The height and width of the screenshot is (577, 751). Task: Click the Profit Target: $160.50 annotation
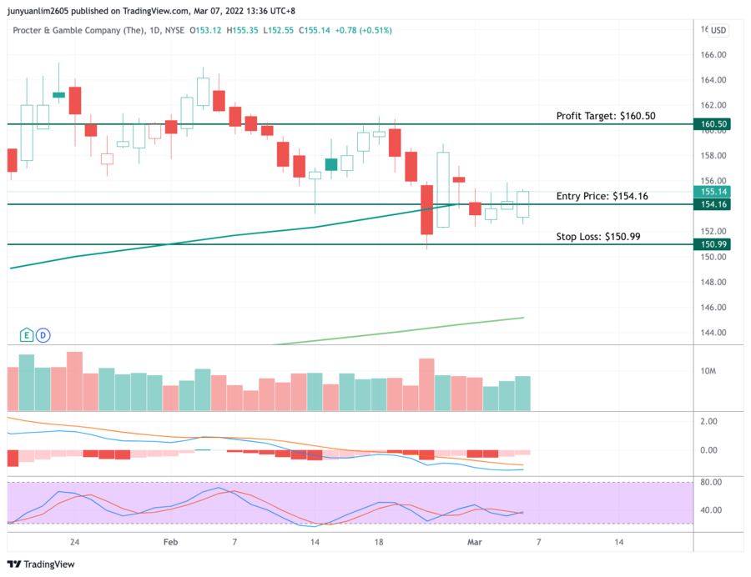606,116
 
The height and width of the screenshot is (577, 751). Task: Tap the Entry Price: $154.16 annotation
602,196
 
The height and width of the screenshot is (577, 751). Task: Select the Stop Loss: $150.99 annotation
598,237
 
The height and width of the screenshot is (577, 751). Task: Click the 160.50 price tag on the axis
714,124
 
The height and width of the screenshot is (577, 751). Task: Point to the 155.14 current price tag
714,192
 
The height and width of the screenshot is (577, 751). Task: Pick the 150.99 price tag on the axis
714,244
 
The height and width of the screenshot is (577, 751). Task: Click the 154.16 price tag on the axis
714,204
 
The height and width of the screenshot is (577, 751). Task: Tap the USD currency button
718,30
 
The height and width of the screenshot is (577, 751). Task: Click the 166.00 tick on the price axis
713,55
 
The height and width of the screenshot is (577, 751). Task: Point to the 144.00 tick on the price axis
713,333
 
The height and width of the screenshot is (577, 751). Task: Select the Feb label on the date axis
170,542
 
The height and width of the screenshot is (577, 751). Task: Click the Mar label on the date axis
474,542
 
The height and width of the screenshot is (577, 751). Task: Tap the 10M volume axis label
708,371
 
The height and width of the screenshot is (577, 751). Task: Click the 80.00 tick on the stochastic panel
711,482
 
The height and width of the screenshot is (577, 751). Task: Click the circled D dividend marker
43,334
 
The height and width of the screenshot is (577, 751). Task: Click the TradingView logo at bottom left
41,564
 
